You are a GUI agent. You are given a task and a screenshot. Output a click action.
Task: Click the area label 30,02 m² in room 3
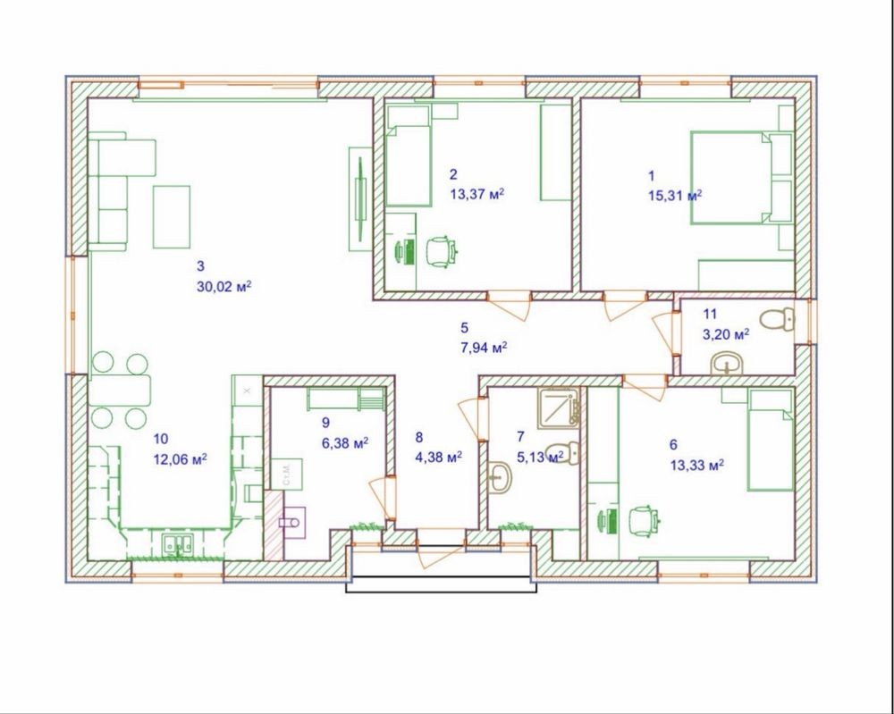coord(224,286)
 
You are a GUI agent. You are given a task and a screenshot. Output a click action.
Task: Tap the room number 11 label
coord(710,314)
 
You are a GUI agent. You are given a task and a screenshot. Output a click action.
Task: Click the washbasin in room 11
coord(726,364)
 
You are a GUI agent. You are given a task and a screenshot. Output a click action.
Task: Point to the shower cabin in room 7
coord(558,407)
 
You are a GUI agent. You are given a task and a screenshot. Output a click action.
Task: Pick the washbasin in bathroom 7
coord(501,476)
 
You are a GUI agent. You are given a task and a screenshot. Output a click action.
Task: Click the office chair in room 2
coord(442,251)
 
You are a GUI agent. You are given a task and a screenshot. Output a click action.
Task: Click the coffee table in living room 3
coord(171,216)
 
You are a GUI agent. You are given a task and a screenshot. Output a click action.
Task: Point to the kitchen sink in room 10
coord(179,545)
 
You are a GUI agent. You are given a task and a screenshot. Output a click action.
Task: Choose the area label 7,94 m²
coord(484,348)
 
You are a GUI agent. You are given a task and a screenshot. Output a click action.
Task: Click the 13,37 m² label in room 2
coord(477,194)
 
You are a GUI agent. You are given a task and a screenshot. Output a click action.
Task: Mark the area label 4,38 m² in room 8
coord(438,457)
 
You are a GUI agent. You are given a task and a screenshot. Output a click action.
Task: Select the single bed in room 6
coord(771,440)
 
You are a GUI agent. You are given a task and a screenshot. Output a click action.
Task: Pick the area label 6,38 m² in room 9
coord(345,442)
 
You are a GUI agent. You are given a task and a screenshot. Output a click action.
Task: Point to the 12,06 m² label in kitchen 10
coord(181,458)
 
